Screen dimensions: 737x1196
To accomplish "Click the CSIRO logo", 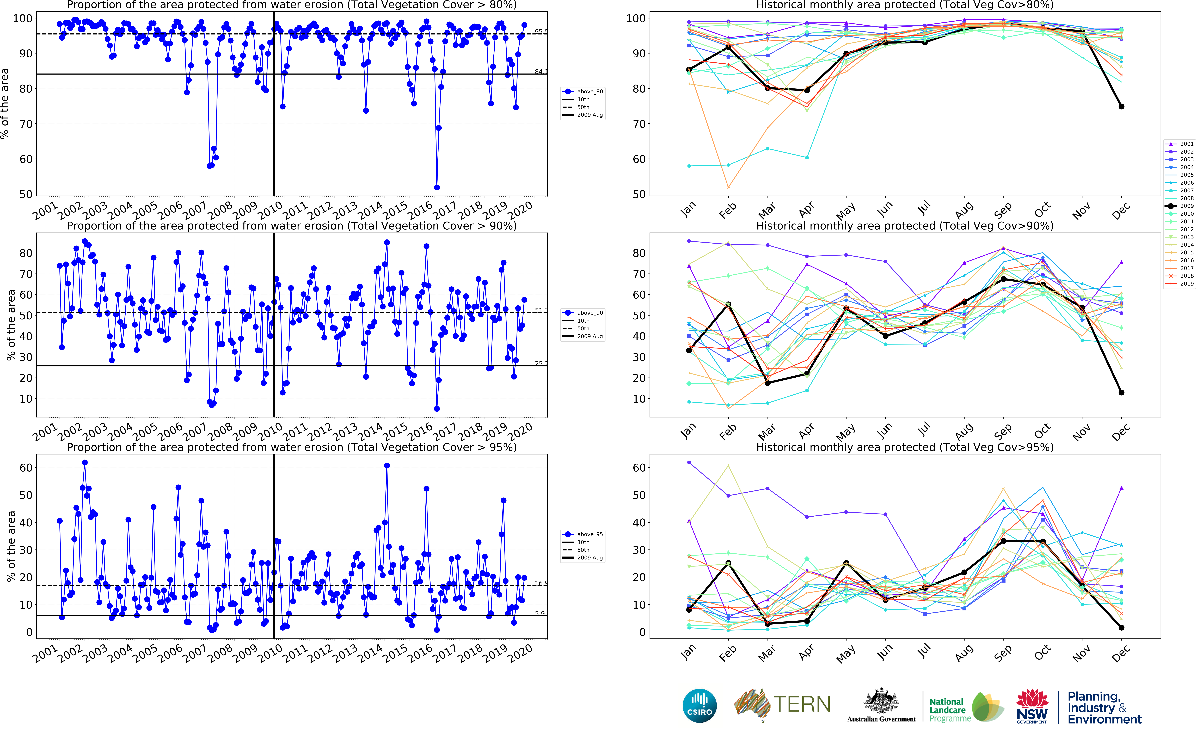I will pyautogui.click(x=700, y=705).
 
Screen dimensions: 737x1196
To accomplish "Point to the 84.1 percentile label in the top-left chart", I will pyautogui.click(x=541, y=72).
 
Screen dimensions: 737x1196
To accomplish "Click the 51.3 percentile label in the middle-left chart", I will pyautogui.click(x=541, y=311).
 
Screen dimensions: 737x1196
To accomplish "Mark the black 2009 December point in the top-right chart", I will pyautogui.click(x=1121, y=106).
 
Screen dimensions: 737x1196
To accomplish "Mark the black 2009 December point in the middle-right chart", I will pyautogui.click(x=1121, y=392).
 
